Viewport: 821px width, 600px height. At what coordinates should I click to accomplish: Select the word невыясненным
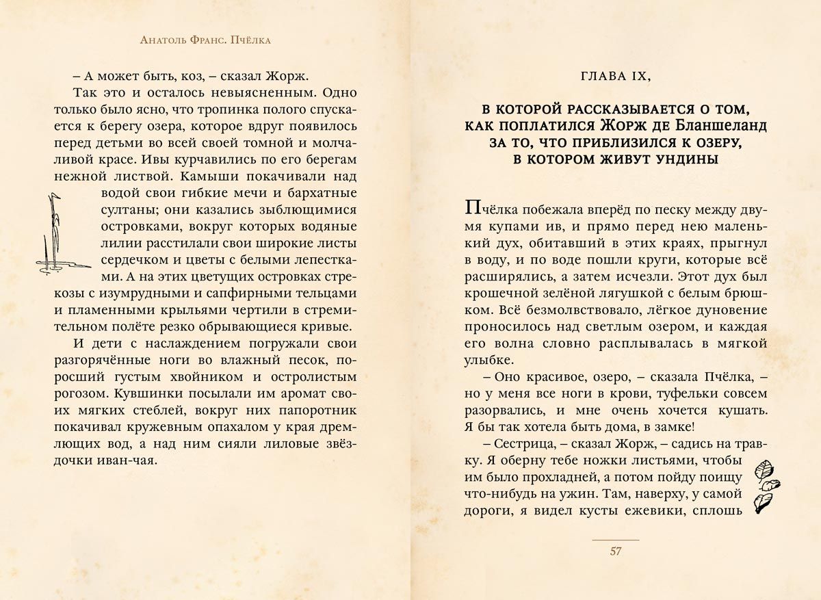click(265, 92)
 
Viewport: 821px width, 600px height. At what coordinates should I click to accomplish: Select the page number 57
click(614, 551)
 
